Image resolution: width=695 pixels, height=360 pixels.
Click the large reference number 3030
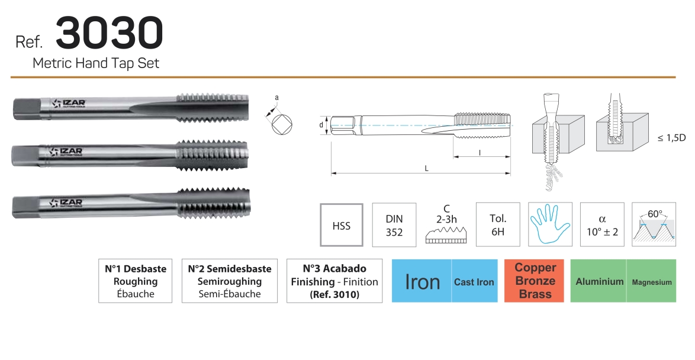110,33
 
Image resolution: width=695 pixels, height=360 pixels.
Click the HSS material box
342,225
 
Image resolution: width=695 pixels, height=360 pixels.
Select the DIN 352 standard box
394,225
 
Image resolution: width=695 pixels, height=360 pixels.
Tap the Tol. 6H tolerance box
498,225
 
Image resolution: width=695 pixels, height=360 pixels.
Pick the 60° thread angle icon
654,225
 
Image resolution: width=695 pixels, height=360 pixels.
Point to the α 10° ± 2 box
602,225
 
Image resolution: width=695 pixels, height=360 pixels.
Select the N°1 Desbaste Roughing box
135,281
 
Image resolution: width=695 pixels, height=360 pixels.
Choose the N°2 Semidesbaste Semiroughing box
230,281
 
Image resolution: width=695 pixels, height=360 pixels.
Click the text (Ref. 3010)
334,294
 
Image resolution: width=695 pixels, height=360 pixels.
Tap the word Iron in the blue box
423,282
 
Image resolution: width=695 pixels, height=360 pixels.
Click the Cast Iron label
474,282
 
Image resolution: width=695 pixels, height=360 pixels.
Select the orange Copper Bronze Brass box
534,281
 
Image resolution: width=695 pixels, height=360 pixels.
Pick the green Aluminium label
599,281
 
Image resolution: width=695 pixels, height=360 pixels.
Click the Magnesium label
652,282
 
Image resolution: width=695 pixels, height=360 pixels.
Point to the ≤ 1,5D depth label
671,138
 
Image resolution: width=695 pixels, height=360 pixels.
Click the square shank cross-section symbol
282,124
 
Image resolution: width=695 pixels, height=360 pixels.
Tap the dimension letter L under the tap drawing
426,169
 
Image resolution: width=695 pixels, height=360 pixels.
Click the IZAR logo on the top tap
69,104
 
